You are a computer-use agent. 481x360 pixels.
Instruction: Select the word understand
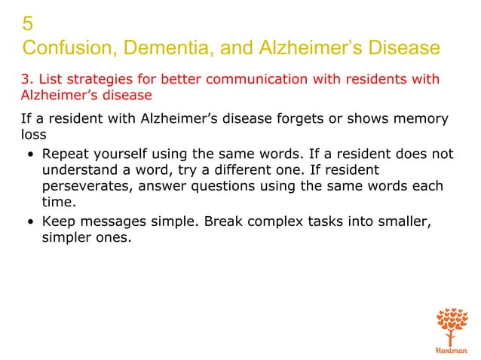[x=82, y=171]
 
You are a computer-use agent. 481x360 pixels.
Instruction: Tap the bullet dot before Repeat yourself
[x=29, y=155]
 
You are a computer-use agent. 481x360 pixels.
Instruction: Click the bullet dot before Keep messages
[x=29, y=223]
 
